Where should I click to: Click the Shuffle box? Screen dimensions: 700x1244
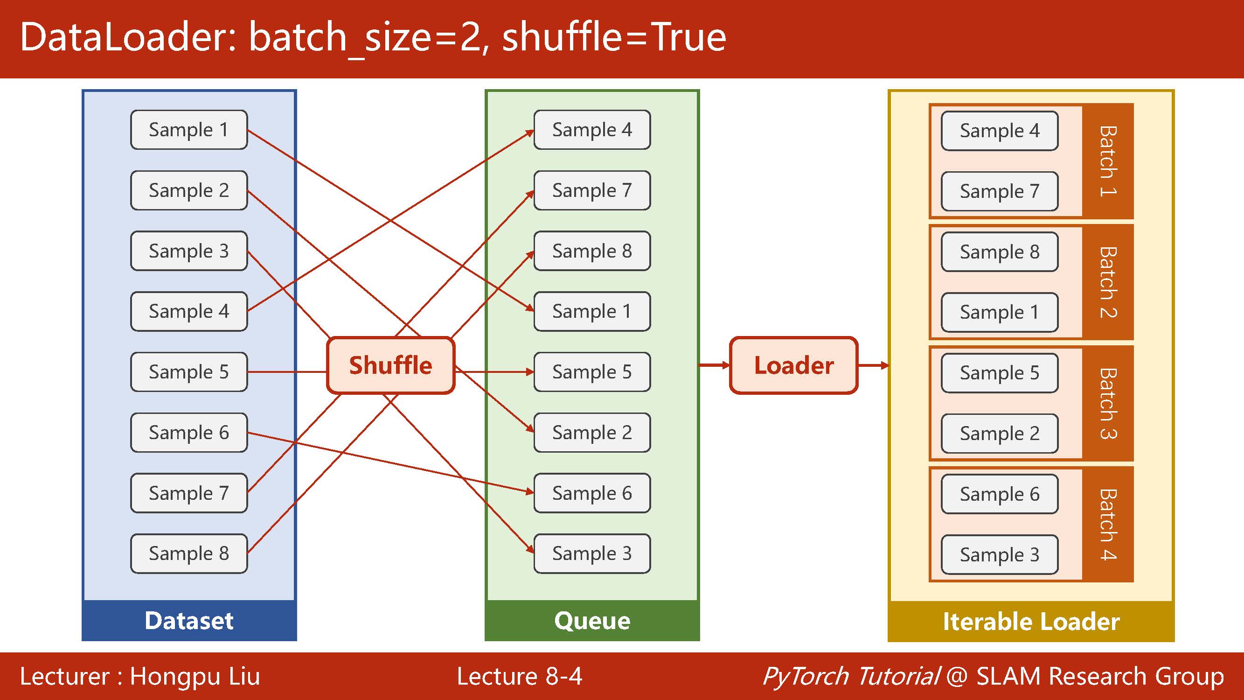click(390, 365)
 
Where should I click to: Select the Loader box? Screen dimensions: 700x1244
click(793, 365)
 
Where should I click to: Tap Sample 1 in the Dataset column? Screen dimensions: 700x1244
click(189, 129)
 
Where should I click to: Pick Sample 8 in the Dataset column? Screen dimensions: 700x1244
click(189, 553)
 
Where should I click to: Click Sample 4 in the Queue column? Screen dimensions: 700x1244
click(592, 129)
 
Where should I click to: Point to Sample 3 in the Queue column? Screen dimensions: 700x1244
click(592, 553)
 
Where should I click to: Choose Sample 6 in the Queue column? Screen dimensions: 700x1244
click(592, 493)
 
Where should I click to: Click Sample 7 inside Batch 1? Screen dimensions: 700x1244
click(999, 191)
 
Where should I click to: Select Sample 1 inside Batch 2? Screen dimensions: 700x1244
click(999, 312)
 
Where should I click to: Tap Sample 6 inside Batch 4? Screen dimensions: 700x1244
click(999, 494)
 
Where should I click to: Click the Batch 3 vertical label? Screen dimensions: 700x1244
click(1108, 403)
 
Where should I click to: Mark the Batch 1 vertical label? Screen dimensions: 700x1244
click(1108, 161)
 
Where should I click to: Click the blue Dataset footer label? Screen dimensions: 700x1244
click(189, 621)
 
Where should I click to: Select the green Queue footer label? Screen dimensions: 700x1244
click(592, 621)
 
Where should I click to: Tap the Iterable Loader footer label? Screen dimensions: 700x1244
click(1031, 621)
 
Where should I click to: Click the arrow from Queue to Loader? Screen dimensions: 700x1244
click(714, 365)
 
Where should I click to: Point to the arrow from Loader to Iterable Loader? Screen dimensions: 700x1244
click(873, 365)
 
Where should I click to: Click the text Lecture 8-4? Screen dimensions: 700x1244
click(519, 676)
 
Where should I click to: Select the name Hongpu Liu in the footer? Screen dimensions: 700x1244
click(195, 676)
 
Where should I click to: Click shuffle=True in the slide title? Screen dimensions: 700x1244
click(613, 38)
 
